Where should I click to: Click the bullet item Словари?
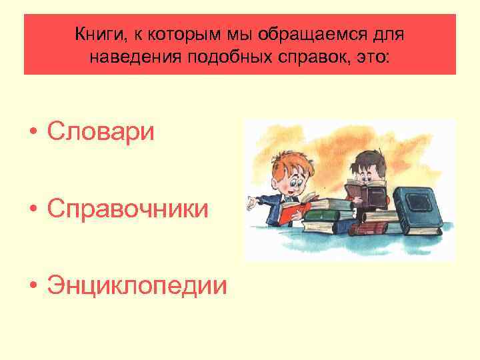tap(101, 131)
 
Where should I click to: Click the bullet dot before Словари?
tap(33, 132)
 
